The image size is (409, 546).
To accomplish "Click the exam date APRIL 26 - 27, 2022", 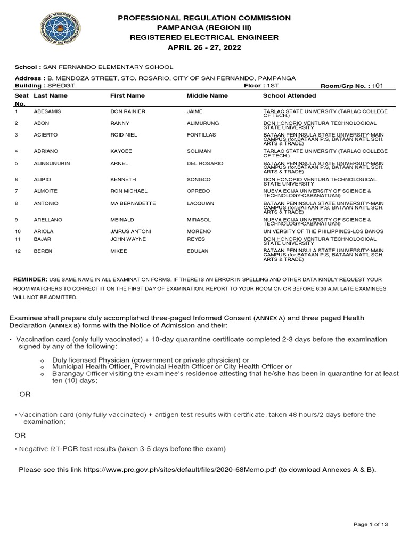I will (x=205, y=47).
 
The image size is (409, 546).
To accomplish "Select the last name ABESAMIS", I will (x=49, y=111).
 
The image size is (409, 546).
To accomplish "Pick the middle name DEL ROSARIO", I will (x=204, y=163).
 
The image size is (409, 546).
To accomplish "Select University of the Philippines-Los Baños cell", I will (x=323, y=231).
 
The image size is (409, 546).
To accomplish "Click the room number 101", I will (x=378, y=85).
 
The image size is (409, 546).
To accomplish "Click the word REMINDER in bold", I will (x=30, y=279).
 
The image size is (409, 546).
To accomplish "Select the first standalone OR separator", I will (x=25, y=395).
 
